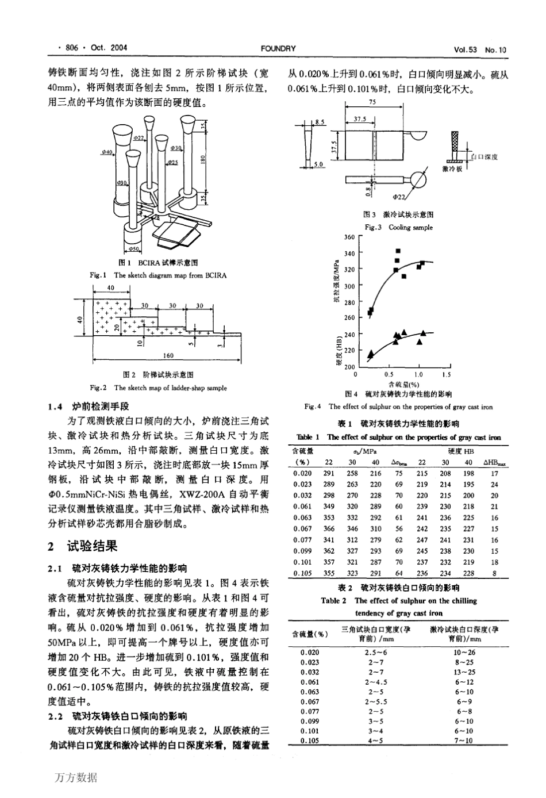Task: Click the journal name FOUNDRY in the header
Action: tap(278, 48)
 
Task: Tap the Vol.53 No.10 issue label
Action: tap(479, 49)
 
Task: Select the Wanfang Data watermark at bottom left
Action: tap(76, 777)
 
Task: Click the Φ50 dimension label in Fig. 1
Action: tap(133, 249)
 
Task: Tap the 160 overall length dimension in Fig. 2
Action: tap(168, 355)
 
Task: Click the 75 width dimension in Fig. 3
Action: tap(373, 102)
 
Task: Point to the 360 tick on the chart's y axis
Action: tap(349, 237)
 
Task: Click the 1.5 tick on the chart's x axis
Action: tap(447, 374)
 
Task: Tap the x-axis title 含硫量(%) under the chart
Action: tap(403, 383)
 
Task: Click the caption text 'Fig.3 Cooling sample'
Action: tap(398, 227)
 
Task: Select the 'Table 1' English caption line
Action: tap(398, 438)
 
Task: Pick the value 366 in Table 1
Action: tap(329, 529)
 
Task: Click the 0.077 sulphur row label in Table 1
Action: tap(302, 540)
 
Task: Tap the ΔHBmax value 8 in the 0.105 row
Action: tap(494, 573)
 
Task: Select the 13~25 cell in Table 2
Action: tap(465, 672)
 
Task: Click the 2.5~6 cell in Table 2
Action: tap(376, 652)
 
